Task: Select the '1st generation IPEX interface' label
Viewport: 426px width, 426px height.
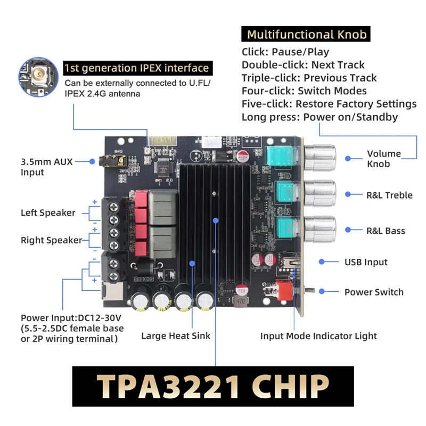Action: point(136,68)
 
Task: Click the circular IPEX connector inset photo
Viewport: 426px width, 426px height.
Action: point(38,76)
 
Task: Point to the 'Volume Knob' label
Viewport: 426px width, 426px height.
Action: point(384,159)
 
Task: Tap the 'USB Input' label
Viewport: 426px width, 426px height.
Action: point(366,262)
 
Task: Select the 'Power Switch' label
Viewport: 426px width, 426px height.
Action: point(374,292)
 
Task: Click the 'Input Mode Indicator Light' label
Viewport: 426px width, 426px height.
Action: point(318,336)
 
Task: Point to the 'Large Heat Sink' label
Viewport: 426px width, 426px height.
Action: point(176,335)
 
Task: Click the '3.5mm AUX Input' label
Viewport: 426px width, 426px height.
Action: point(46,166)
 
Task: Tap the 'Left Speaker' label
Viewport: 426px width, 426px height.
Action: point(48,212)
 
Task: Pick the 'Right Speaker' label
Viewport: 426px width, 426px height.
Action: point(52,240)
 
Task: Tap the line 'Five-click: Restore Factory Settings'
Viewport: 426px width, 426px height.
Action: point(329,104)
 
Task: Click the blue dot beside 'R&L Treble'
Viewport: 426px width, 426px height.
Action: point(348,195)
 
